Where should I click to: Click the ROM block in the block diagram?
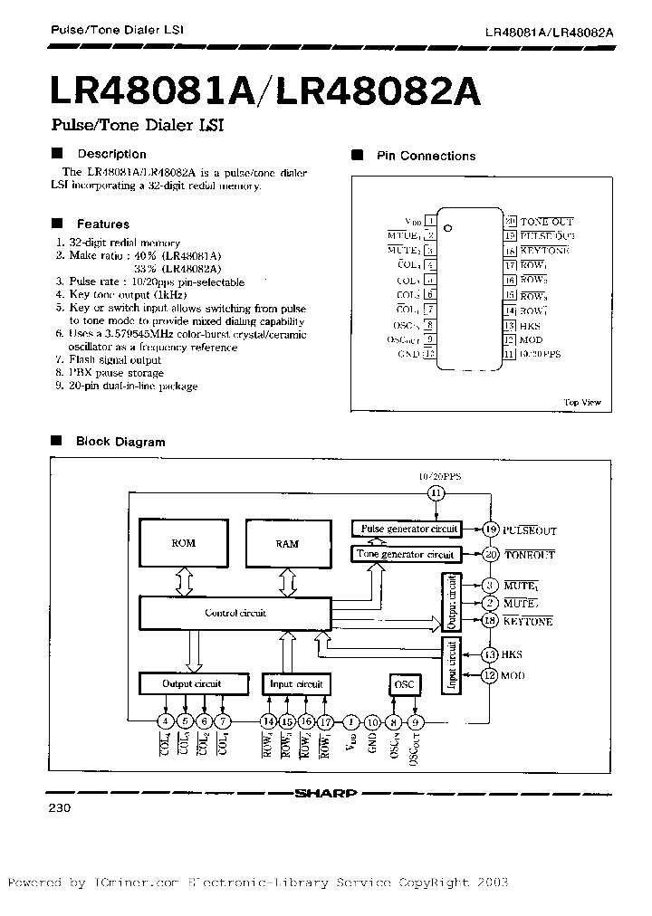[x=183, y=544]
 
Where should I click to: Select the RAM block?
[x=286, y=544]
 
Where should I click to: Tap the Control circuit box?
[x=235, y=614]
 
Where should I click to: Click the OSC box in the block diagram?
[x=404, y=684]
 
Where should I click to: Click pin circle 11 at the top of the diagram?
[x=436, y=493]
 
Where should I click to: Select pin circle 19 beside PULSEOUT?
[x=490, y=530]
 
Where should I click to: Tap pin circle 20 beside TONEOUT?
[x=490, y=554]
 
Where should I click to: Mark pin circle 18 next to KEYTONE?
[x=490, y=621]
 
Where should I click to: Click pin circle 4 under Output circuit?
[x=165, y=721]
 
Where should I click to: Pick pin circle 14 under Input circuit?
[x=268, y=721]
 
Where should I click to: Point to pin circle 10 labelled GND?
[x=372, y=721]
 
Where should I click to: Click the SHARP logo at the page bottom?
[x=326, y=794]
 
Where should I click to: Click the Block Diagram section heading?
[x=120, y=442]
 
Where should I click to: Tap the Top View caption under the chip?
[x=581, y=403]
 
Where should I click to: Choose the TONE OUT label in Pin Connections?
[x=546, y=222]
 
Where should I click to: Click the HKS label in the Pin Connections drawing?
[x=531, y=325]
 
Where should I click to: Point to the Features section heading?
[x=102, y=224]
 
